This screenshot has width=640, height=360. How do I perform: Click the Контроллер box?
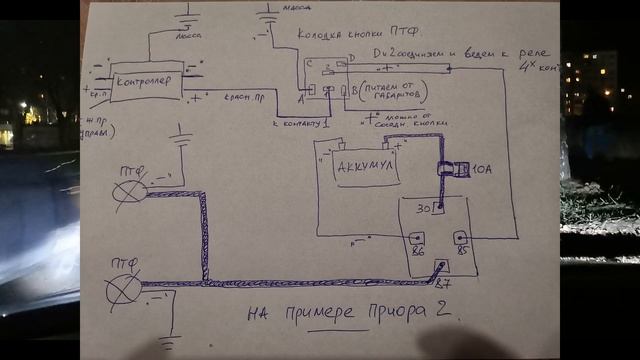[145, 81]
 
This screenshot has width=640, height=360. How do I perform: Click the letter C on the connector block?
[309, 66]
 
